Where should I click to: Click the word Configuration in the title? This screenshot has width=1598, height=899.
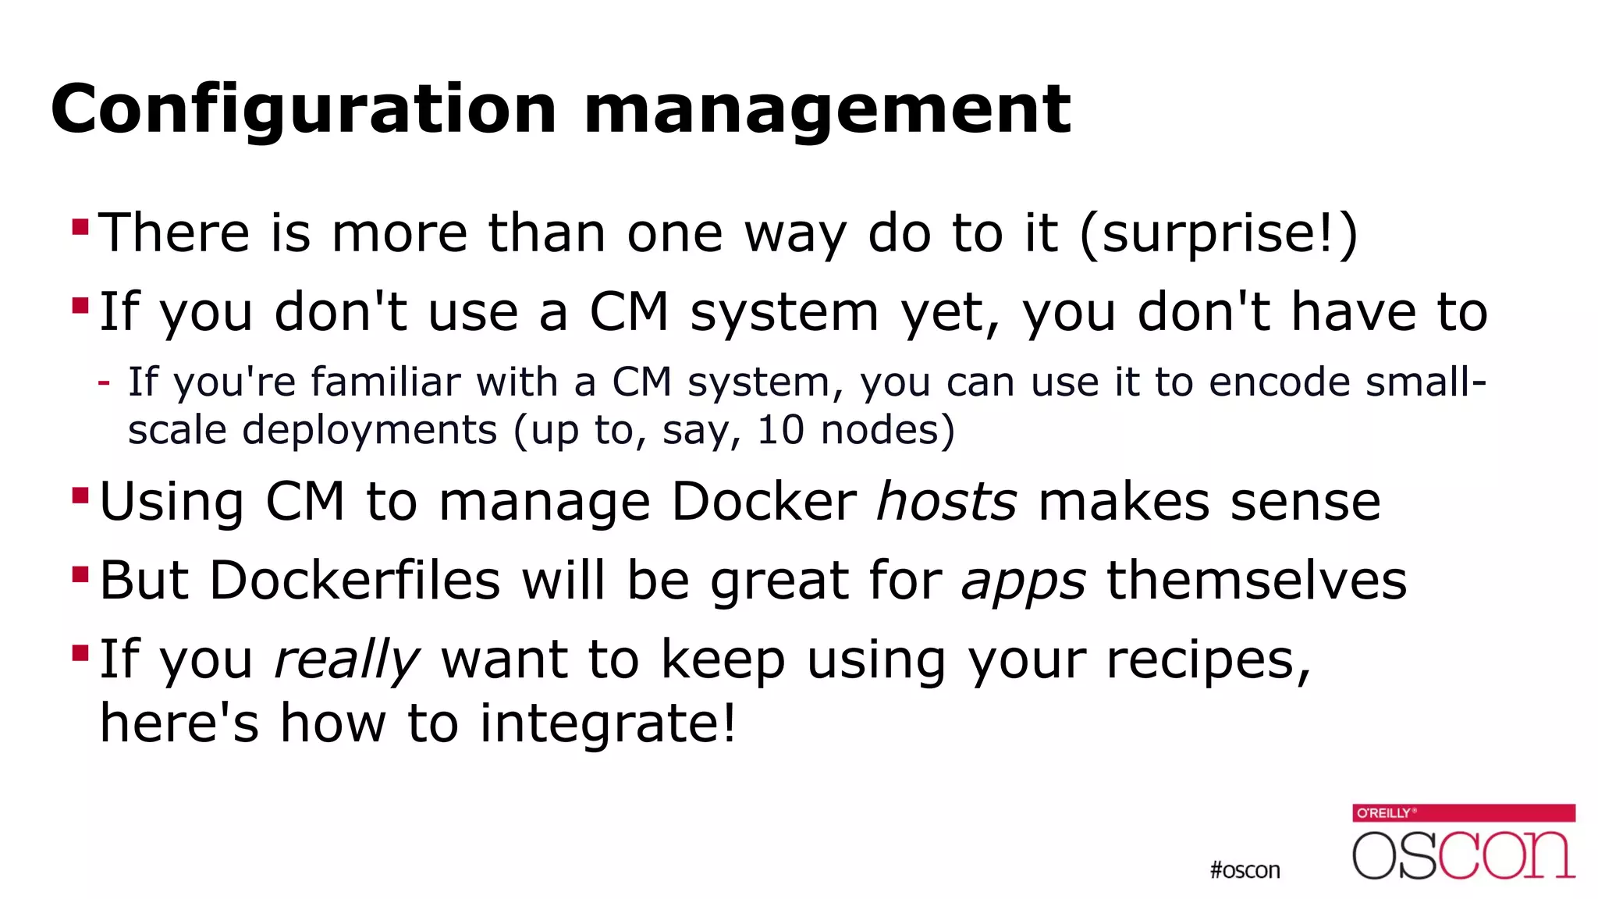point(303,109)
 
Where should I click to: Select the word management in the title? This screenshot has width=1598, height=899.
point(827,109)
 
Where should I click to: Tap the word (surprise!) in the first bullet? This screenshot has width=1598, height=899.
point(1219,233)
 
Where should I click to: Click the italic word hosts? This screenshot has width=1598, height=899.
point(946,501)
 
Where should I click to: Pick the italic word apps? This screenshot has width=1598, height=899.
point(1023,581)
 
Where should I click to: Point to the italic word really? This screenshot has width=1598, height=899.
point(346,660)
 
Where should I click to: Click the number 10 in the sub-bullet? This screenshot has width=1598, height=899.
point(780,430)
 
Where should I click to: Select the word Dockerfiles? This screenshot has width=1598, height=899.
point(354,581)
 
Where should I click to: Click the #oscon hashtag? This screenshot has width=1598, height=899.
point(1245,870)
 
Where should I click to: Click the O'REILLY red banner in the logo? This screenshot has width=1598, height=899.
point(1464,812)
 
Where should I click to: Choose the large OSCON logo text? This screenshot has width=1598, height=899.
point(1464,855)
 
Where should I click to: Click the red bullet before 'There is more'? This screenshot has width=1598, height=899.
point(80,227)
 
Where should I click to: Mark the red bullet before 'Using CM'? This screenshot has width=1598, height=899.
point(80,496)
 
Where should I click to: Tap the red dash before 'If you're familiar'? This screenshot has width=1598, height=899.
point(104,382)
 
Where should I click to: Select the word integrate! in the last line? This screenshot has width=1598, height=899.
point(607,723)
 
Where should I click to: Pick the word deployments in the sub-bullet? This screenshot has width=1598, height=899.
point(369,430)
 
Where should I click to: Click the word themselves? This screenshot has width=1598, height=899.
point(1256,581)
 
